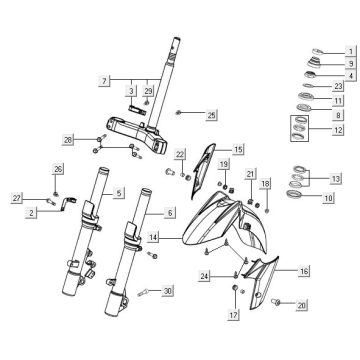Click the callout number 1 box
pos(351,51)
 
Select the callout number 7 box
pos(103,78)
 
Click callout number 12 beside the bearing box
pos(337,131)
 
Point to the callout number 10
pos(329,199)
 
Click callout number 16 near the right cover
pos(305,271)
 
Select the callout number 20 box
pos(302,304)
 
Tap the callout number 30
pos(168,290)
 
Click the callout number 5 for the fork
pos(119,192)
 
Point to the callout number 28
pos(69,139)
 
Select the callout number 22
pos(182,154)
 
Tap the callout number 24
pos(204,275)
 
